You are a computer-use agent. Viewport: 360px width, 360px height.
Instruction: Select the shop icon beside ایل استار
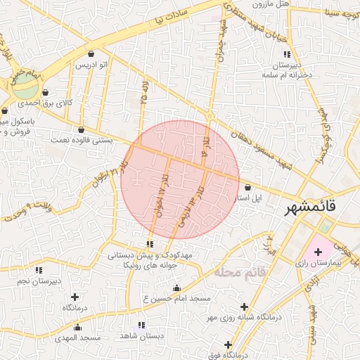pyautogui.click(x=247, y=188)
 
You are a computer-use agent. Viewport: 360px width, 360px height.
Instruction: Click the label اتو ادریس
pyautogui.click(x=91, y=65)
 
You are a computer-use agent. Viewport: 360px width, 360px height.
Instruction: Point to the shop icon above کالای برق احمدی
pyautogui.click(x=45, y=93)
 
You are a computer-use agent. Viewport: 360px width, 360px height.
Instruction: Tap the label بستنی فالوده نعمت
pyautogui.click(x=81, y=140)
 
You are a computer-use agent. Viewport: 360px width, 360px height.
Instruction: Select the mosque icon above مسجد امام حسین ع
pyautogui.click(x=176, y=288)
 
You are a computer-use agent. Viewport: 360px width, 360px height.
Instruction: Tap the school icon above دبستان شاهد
pyautogui.click(x=141, y=325)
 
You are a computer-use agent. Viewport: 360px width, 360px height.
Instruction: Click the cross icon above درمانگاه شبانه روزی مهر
pyautogui.click(x=244, y=307)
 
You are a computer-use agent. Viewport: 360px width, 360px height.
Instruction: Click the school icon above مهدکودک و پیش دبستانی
pyautogui.click(x=150, y=244)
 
